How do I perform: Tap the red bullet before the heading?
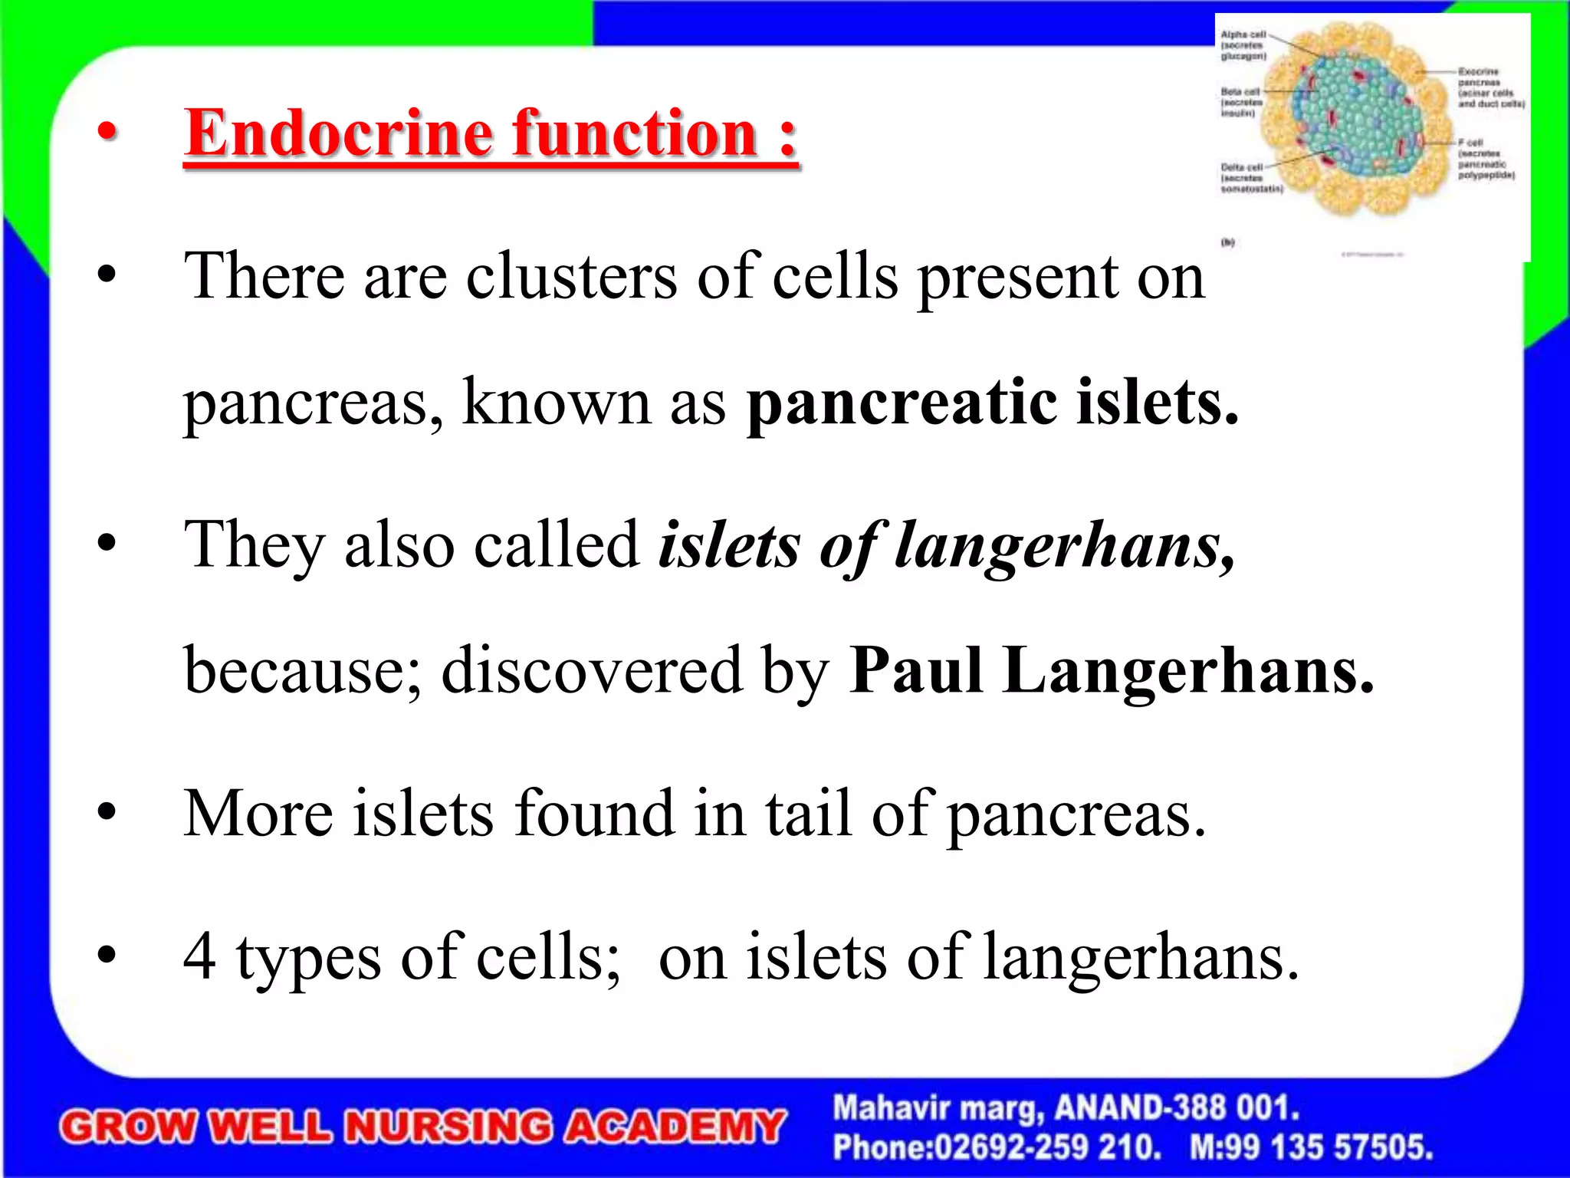coord(107,132)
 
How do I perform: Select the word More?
coord(258,813)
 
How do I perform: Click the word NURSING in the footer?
coord(448,1127)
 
